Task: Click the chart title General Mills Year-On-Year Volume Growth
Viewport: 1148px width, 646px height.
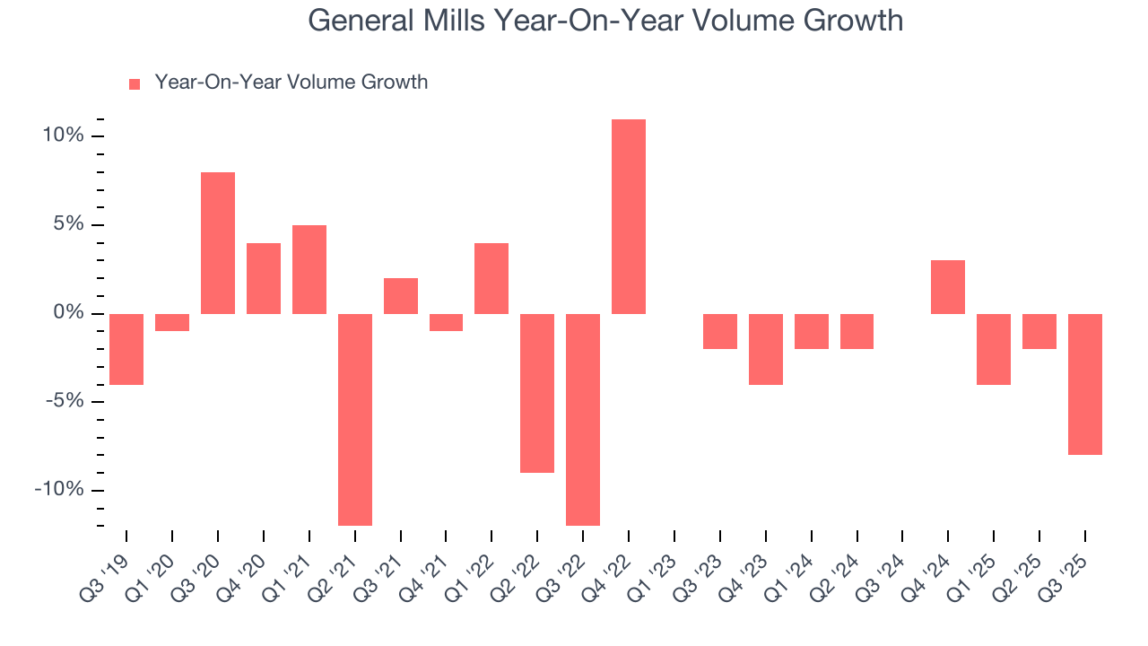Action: pos(605,21)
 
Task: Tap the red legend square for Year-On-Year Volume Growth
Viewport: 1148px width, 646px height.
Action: pos(135,83)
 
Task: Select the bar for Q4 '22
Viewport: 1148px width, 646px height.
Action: pos(629,216)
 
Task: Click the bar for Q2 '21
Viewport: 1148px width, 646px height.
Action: pos(355,419)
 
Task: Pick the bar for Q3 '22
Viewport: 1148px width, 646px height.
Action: pos(583,419)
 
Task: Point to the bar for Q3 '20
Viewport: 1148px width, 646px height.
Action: pos(218,242)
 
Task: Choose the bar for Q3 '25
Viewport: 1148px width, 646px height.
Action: pos(1085,384)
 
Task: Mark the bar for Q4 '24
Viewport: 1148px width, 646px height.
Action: pos(948,287)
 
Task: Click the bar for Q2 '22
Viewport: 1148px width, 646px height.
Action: pos(537,393)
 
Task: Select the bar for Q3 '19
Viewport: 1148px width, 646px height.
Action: pos(126,349)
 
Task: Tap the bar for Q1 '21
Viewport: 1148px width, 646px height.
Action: pos(309,269)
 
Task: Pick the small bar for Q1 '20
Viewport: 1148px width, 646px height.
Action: pos(172,322)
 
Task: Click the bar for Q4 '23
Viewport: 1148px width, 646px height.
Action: pos(766,349)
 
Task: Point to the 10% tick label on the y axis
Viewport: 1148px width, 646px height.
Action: pos(62,136)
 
